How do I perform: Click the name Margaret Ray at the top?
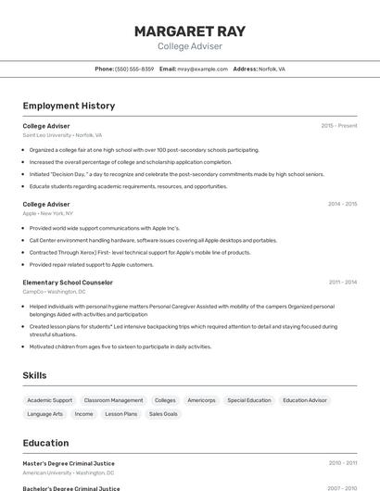pos(190,31)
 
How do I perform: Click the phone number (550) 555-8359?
pos(134,69)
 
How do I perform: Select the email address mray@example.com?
pos(202,69)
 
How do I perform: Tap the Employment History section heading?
pos(69,106)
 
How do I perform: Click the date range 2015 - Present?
pos(339,125)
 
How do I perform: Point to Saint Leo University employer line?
pos(62,135)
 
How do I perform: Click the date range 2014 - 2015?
pos(342,204)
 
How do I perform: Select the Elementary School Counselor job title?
pos(68,283)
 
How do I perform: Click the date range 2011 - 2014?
pos(342,283)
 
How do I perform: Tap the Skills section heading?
pos(35,375)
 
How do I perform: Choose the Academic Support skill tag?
pos(50,400)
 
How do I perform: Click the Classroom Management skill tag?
pos(113,400)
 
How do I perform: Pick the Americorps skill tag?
pos(201,400)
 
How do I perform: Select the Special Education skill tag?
pos(249,400)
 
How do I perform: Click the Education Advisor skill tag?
pos(305,400)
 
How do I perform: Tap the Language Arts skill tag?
pos(45,414)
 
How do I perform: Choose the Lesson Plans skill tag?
pos(120,414)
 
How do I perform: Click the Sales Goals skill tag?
pos(163,414)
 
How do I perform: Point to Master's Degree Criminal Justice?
pos(69,463)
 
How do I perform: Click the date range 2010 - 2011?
pos(342,463)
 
